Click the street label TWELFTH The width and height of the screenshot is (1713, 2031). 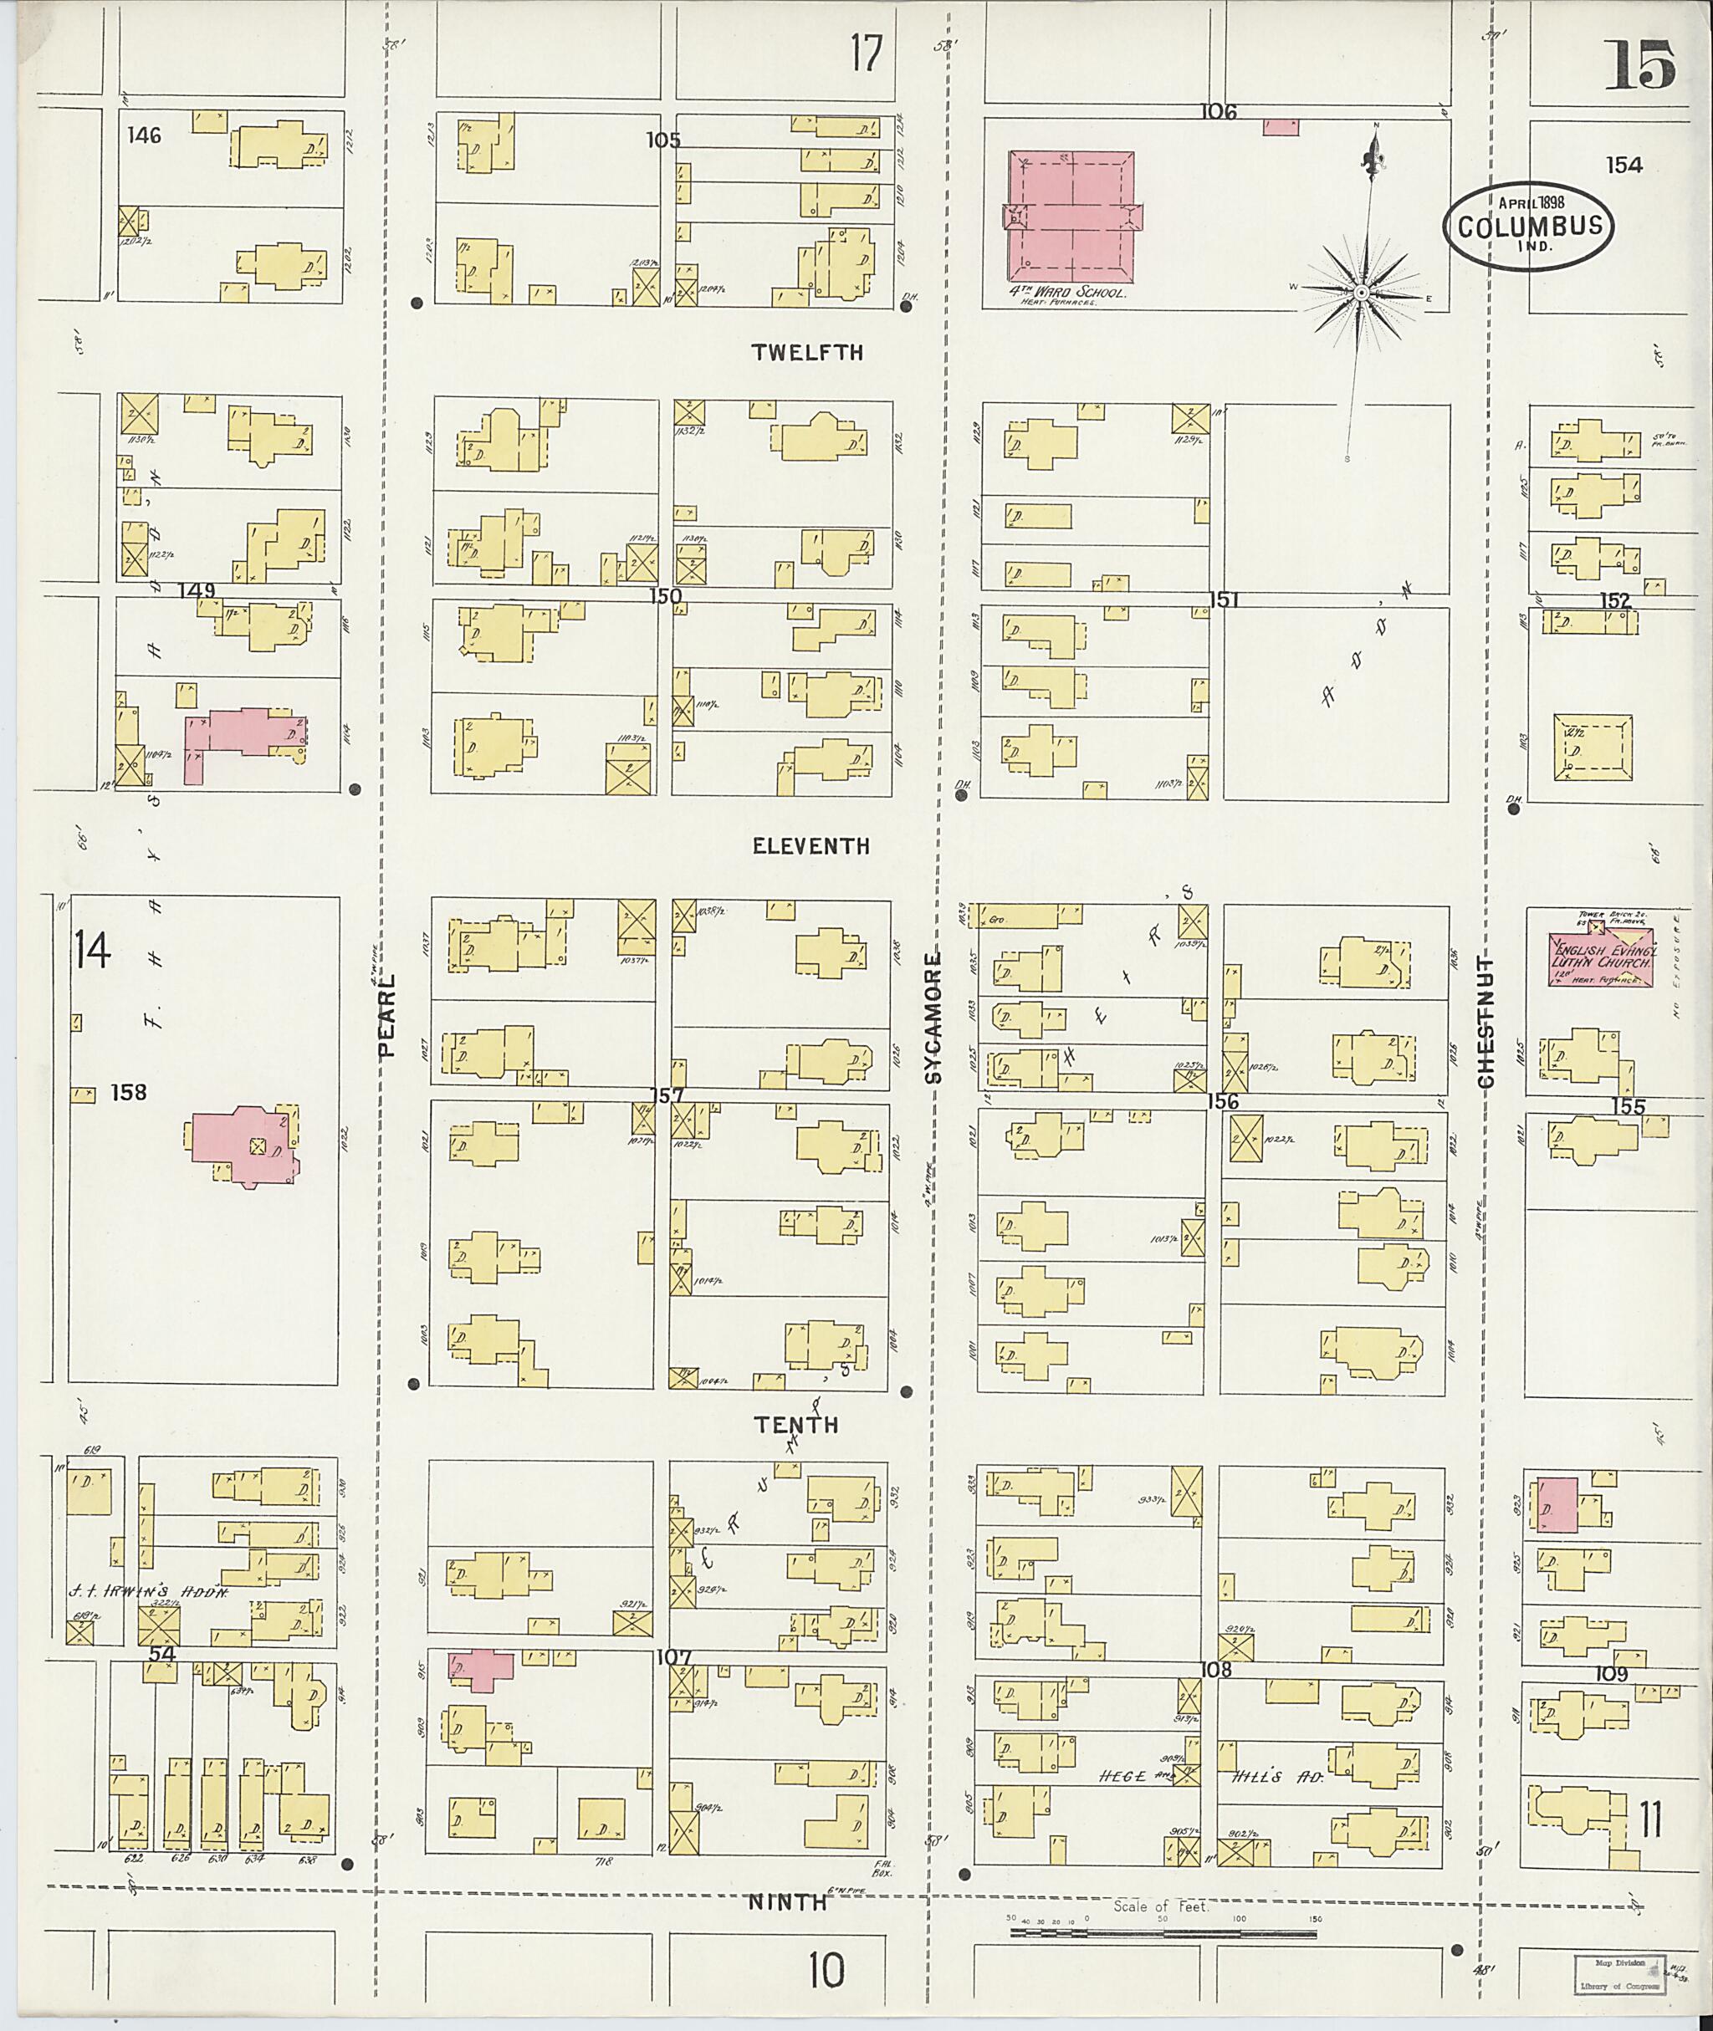(x=807, y=352)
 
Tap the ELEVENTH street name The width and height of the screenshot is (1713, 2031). (x=810, y=846)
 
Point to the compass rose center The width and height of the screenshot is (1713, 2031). (x=1363, y=292)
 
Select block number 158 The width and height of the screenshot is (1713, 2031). (x=128, y=1092)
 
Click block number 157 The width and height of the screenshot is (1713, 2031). (x=666, y=1095)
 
